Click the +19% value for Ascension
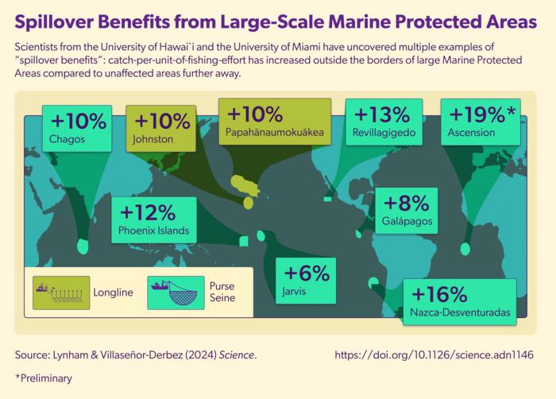(x=477, y=114)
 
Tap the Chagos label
(x=67, y=139)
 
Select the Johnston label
(x=153, y=139)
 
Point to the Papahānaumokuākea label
(x=275, y=133)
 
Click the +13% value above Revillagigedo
(x=382, y=114)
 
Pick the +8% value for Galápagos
(x=407, y=203)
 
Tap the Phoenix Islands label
(x=153, y=230)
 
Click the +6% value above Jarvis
(x=307, y=273)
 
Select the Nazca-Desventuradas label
(x=460, y=312)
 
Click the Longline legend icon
(x=61, y=292)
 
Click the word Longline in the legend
(x=113, y=292)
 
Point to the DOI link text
(x=434, y=355)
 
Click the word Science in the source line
(x=237, y=355)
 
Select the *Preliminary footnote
(x=44, y=378)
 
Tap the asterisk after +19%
(x=511, y=110)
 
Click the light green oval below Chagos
(x=83, y=246)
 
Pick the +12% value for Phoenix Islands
(x=148, y=213)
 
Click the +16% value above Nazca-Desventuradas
(x=439, y=294)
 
